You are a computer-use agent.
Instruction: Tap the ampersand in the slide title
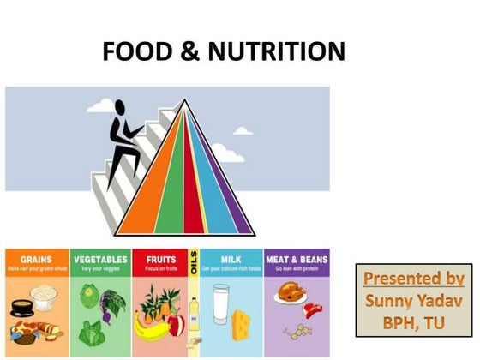tap(186, 51)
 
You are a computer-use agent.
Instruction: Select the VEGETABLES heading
tap(99, 258)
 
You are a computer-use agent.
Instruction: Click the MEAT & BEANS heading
tap(297, 258)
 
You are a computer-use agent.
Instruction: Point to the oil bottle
tap(195, 317)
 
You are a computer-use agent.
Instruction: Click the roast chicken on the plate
tap(286, 292)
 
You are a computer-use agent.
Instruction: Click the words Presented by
tap(413, 279)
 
